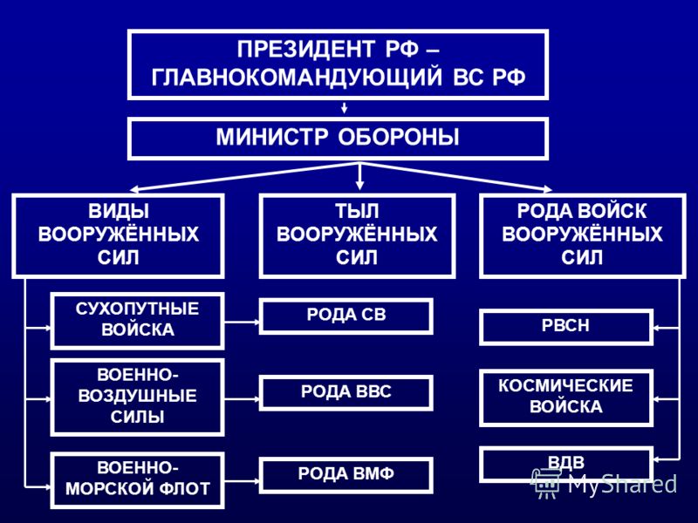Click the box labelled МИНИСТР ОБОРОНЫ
(x=338, y=139)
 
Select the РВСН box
(x=566, y=328)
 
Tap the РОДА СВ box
(x=346, y=316)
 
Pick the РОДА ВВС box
(x=346, y=393)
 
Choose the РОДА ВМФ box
(x=346, y=475)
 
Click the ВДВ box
(x=566, y=465)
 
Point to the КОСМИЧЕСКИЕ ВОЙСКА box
(x=566, y=397)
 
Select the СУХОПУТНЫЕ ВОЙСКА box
(x=138, y=321)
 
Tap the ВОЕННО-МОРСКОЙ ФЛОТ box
(x=138, y=480)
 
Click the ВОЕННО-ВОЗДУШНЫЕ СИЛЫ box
(x=138, y=397)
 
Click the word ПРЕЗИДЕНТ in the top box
(x=308, y=50)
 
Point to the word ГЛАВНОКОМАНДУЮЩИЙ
(x=297, y=77)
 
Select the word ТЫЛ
(x=357, y=211)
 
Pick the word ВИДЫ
(x=119, y=211)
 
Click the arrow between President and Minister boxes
(x=344, y=108)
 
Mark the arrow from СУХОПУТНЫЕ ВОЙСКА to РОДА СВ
(x=243, y=321)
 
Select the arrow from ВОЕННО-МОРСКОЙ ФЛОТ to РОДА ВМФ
(x=243, y=481)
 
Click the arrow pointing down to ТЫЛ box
(x=359, y=177)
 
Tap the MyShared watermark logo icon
(x=544, y=484)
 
